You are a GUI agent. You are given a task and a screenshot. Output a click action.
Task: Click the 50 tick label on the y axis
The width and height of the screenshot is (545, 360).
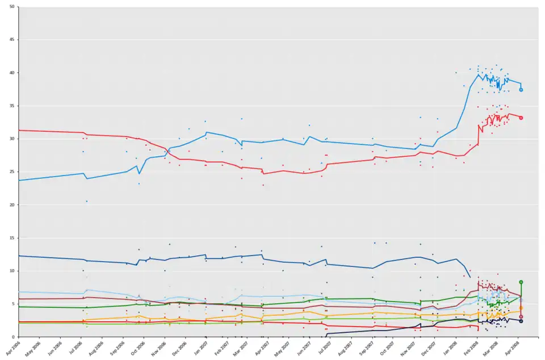(12, 7)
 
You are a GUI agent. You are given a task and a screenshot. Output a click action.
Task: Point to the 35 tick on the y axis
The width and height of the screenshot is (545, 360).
(12, 106)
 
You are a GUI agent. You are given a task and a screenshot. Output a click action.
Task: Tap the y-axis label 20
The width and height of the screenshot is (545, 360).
(12, 204)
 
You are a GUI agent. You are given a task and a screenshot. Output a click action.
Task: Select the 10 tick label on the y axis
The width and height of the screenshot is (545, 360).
(12, 271)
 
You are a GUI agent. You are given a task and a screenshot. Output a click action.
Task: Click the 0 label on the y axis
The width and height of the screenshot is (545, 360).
(14, 337)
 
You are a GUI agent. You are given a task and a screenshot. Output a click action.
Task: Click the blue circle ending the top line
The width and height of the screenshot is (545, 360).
(521, 90)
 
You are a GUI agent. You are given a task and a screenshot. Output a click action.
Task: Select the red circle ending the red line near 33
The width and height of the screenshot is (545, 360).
(521, 118)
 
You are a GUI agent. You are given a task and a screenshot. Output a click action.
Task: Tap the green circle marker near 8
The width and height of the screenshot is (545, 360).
(521, 282)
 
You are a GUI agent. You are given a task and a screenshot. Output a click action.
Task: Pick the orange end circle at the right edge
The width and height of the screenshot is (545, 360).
(521, 308)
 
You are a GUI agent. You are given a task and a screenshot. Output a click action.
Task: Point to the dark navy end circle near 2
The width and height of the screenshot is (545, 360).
(521, 321)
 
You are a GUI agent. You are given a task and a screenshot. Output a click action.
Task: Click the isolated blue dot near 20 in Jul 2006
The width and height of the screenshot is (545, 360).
(86, 202)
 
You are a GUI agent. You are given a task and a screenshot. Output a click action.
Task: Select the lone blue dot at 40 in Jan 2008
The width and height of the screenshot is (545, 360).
(456, 73)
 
